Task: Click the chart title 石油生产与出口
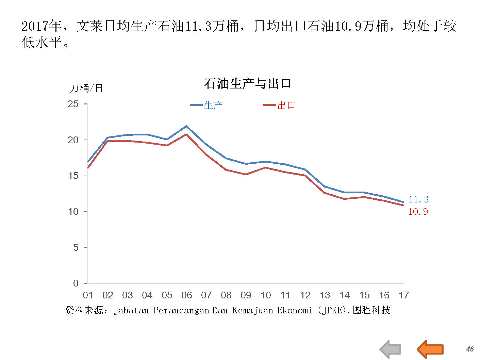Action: coord(248,83)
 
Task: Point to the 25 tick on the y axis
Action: coord(73,104)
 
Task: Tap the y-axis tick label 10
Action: coord(73,212)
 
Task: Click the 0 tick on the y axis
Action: coord(76,283)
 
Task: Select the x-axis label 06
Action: coord(186,295)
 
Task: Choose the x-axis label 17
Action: coord(404,295)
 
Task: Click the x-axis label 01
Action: coord(88,295)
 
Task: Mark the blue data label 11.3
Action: coord(418,199)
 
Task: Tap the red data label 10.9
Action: coord(418,212)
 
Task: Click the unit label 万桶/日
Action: coord(86,88)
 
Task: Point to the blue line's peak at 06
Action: coord(186,126)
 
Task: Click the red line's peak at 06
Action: coord(186,134)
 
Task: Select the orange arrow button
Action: coord(430,349)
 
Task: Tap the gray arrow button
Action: coord(391,349)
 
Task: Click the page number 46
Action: coord(470,349)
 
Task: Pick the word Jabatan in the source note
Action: coord(131,310)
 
